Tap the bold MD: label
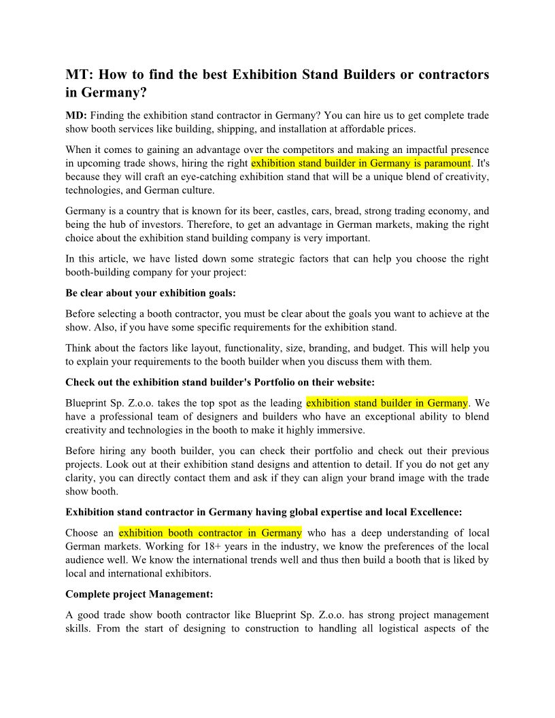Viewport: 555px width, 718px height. tap(76, 116)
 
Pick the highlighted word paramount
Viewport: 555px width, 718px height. tap(443, 163)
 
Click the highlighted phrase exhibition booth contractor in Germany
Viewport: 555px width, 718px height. tap(210, 532)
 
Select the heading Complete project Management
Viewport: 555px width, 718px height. tap(139, 594)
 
